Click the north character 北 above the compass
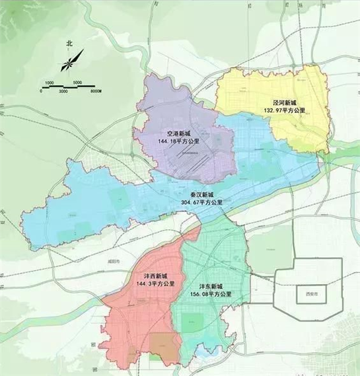click(69, 44)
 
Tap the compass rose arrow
click(68, 63)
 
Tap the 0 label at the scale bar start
click(40, 91)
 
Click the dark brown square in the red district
click(164, 347)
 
